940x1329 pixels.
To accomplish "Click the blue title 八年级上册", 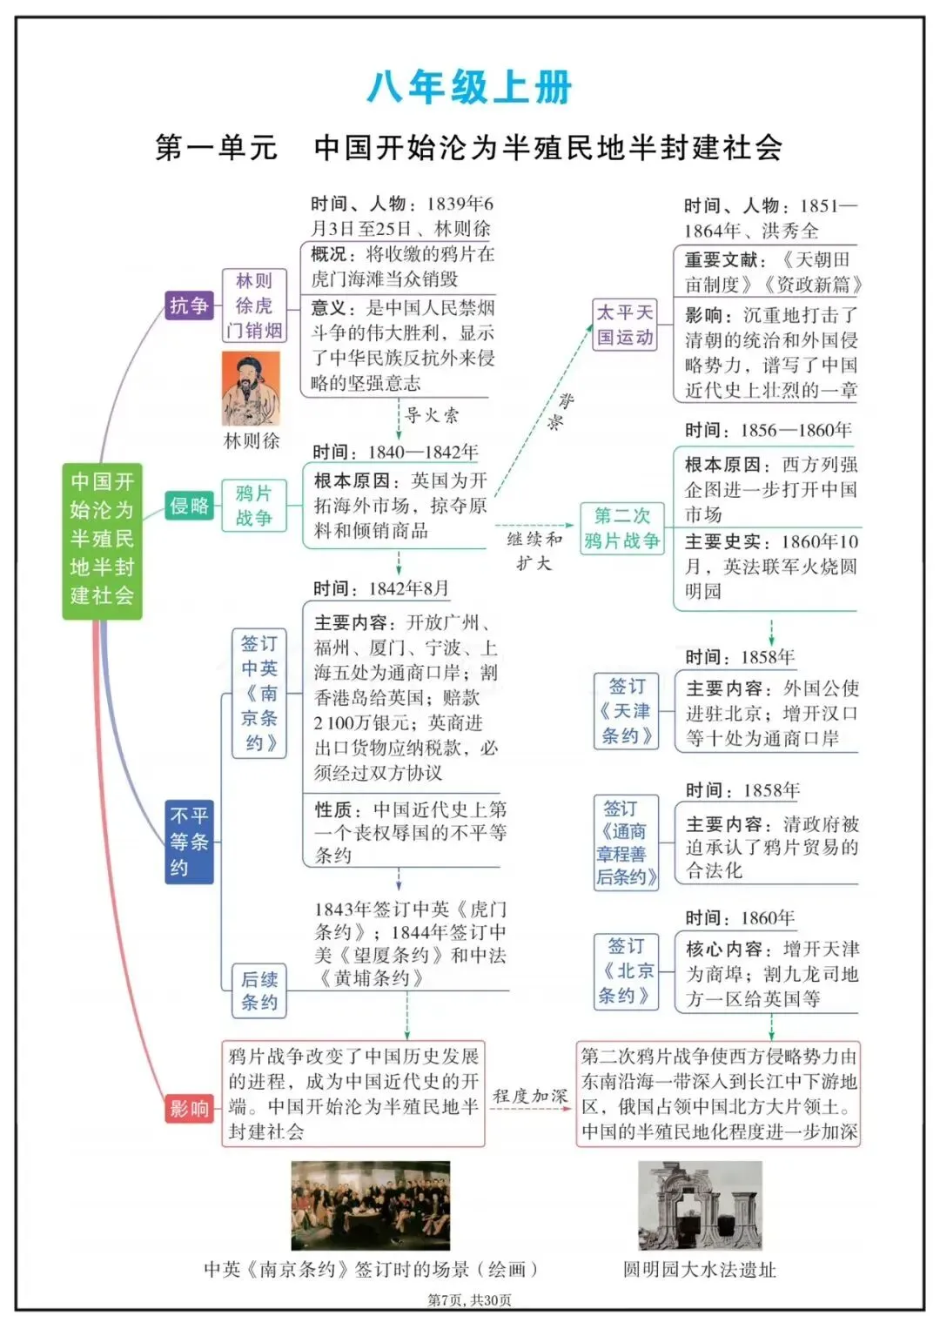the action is [469, 88].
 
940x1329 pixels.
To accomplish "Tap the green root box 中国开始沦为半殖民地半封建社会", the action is [102, 540].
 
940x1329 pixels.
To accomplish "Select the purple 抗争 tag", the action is [189, 305].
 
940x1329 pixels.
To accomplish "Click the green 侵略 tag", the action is [189, 506].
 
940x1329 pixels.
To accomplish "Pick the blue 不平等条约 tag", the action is [189, 842].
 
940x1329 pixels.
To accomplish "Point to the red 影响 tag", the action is [189, 1108].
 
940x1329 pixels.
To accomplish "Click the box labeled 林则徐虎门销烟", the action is [253, 305].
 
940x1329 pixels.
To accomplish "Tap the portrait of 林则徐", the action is [251, 389].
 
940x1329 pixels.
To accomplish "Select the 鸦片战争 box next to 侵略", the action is [253, 506].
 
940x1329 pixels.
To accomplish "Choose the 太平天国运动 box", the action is [625, 326].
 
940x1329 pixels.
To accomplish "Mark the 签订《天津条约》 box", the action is [626, 711].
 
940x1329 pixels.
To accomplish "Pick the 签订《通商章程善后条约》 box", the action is [626, 842].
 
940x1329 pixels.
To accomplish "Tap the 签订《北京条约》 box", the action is [625, 970].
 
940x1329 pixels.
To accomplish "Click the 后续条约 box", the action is [258, 990].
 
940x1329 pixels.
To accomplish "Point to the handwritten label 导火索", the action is [432, 415].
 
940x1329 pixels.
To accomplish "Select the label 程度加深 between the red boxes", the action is [529, 1096].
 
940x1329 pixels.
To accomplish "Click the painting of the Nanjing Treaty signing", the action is [371, 1205].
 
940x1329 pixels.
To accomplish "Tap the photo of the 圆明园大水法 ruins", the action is [700, 1205].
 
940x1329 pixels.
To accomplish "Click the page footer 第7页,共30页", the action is [469, 1300].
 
